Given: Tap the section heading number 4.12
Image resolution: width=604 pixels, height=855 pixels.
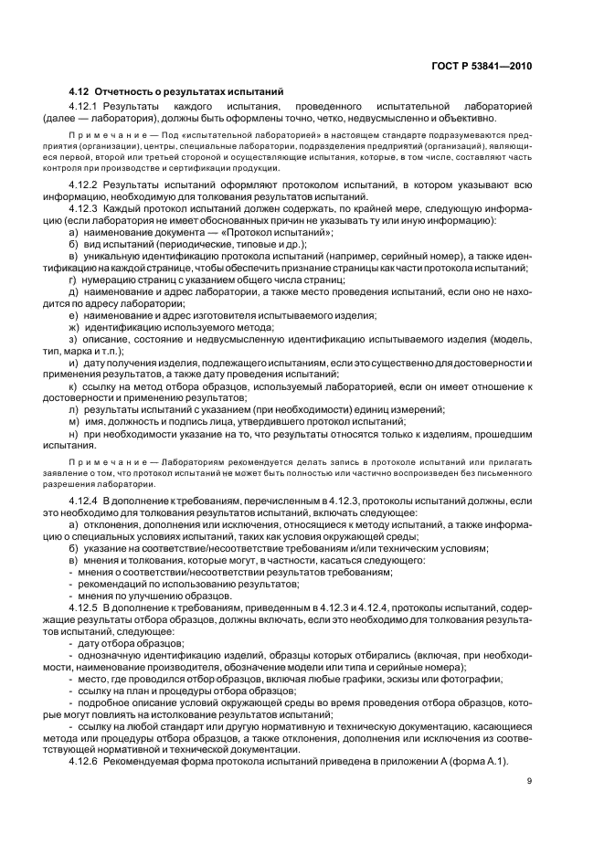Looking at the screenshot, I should [x=80, y=91].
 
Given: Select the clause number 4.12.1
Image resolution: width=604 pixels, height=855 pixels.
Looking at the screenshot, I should [x=86, y=106].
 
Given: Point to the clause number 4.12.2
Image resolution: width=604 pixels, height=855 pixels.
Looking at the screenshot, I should [x=86, y=184].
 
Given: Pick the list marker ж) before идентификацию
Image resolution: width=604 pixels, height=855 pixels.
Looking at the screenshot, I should [x=73, y=326].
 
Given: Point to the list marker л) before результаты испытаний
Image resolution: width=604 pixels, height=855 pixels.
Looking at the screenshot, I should [x=73, y=407].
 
